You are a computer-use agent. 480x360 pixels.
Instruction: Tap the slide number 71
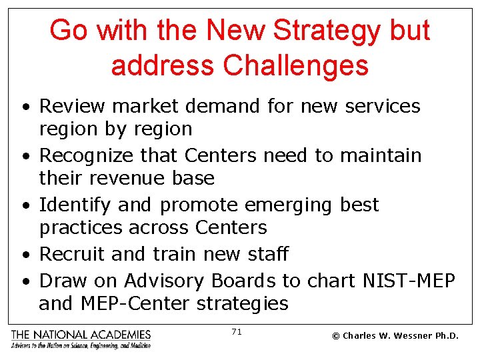point(236,331)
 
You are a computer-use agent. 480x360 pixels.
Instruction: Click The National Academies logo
point(81,339)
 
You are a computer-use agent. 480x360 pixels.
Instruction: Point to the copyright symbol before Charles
point(335,336)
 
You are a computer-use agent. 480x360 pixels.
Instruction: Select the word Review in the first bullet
point(66,106)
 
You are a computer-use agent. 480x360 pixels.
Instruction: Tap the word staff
point(266,254)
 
